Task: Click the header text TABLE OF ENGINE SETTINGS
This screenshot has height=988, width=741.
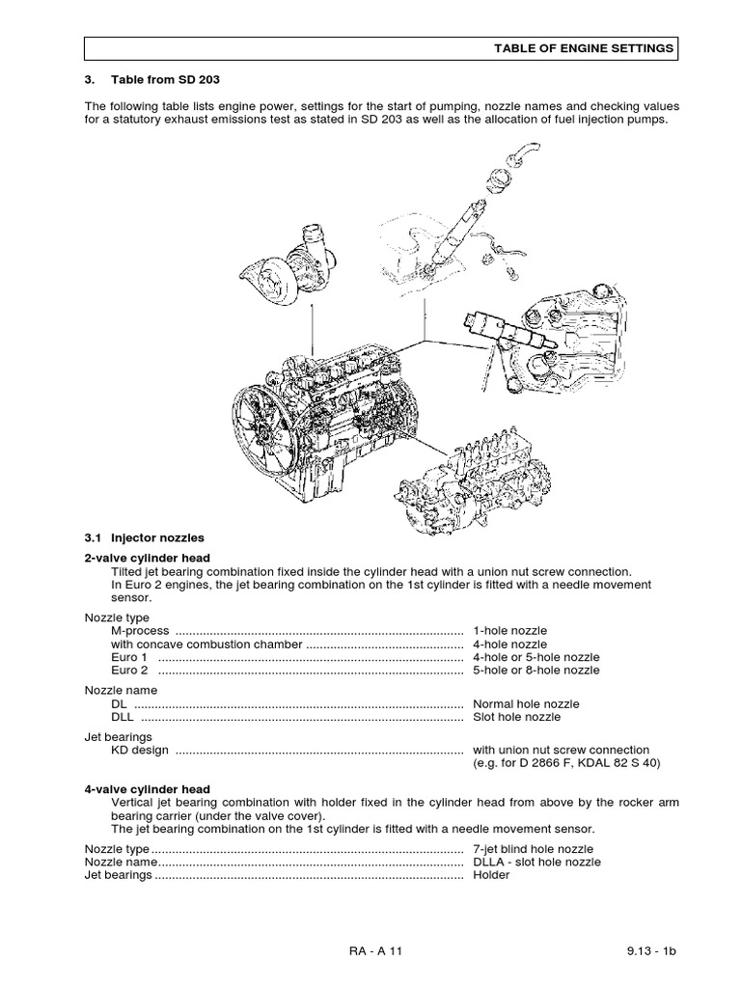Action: point(584,48)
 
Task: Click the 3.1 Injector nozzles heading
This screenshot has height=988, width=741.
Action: point(145,536)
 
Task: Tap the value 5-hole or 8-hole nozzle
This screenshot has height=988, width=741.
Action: point(536,670)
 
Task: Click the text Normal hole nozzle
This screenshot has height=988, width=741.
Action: point(527,704)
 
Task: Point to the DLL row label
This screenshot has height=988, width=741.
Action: point(123,717)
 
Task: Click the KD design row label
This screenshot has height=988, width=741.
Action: point(141,750)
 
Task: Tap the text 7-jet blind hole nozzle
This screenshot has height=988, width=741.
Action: point(533,849)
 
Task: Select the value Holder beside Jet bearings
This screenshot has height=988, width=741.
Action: point(491,875)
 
